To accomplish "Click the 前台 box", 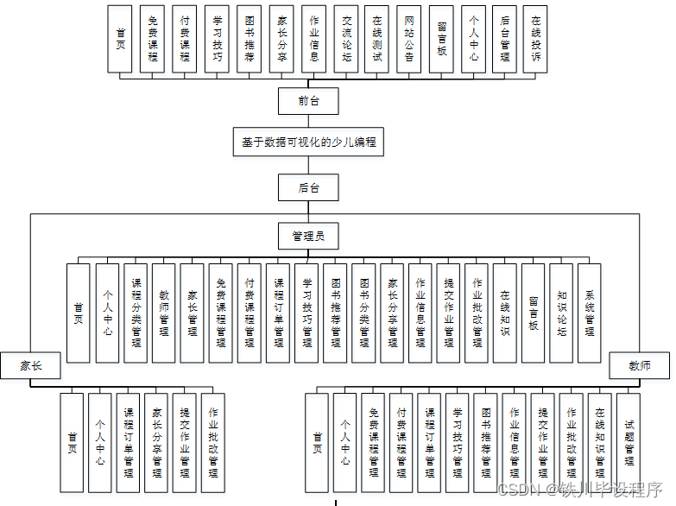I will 307,101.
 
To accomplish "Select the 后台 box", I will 307,187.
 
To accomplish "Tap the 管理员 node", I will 307,235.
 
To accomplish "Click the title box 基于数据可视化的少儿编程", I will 307,142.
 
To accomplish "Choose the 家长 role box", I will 30,366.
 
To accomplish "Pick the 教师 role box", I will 641,366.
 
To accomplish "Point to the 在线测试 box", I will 377,39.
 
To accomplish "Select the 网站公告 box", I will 409,39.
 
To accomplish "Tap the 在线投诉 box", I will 536,39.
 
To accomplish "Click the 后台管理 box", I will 504,39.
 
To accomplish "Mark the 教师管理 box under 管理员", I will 164,313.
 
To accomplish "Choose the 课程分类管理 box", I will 136,313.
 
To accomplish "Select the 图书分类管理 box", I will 363,313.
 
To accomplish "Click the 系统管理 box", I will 591,313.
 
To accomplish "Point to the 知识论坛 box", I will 562,313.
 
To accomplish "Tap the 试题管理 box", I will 629,442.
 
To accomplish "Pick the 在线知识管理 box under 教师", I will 600,442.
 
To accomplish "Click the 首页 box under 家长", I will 73,442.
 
